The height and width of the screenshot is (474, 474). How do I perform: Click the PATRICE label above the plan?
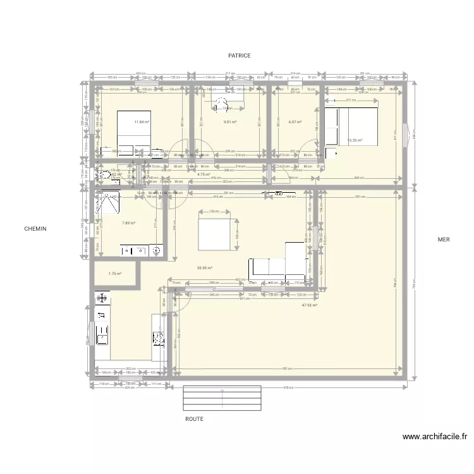[240, 56]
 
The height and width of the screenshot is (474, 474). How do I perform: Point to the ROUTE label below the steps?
[194, 419]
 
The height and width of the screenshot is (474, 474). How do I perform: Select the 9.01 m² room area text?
[229, 123]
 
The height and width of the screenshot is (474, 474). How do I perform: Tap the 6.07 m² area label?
[295, 123]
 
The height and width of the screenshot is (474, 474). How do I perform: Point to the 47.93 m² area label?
[309, 305]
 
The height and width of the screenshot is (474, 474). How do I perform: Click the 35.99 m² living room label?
[204, 267]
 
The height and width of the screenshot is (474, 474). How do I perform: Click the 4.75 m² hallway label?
[204, 174]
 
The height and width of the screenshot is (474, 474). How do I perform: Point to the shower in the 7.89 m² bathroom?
[110, 205]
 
